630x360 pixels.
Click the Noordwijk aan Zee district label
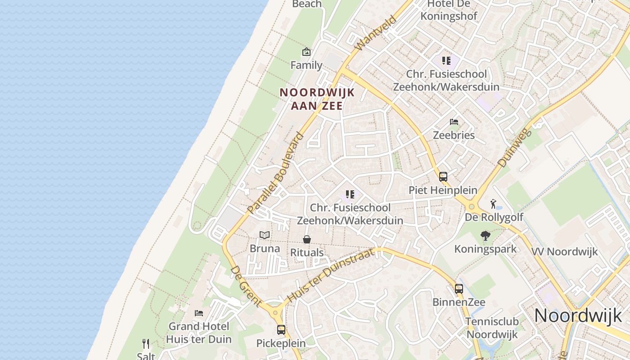pos(317,99)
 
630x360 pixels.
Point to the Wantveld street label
pos(375,33)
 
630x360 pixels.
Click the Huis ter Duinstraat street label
pos(331,275)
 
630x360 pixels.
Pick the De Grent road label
pos(246,286)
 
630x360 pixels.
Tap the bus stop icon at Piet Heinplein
pos(443,177)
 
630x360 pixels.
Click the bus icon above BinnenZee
pos(459,288)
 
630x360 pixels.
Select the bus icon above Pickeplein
pos(281,330)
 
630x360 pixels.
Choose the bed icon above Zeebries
pos(454,122)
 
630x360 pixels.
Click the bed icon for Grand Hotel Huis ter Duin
pos(199,313)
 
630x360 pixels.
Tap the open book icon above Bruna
pos(265,235)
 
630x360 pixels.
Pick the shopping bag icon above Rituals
pos(306,239)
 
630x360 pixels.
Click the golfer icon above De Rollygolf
pos(494,204)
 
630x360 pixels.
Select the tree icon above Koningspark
pos(485,235)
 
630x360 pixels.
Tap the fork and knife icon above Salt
pos(146,344)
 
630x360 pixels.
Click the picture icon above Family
pos(306,52)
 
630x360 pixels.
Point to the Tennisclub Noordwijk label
pos(492,328)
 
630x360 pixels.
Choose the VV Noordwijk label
pos(565,252)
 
